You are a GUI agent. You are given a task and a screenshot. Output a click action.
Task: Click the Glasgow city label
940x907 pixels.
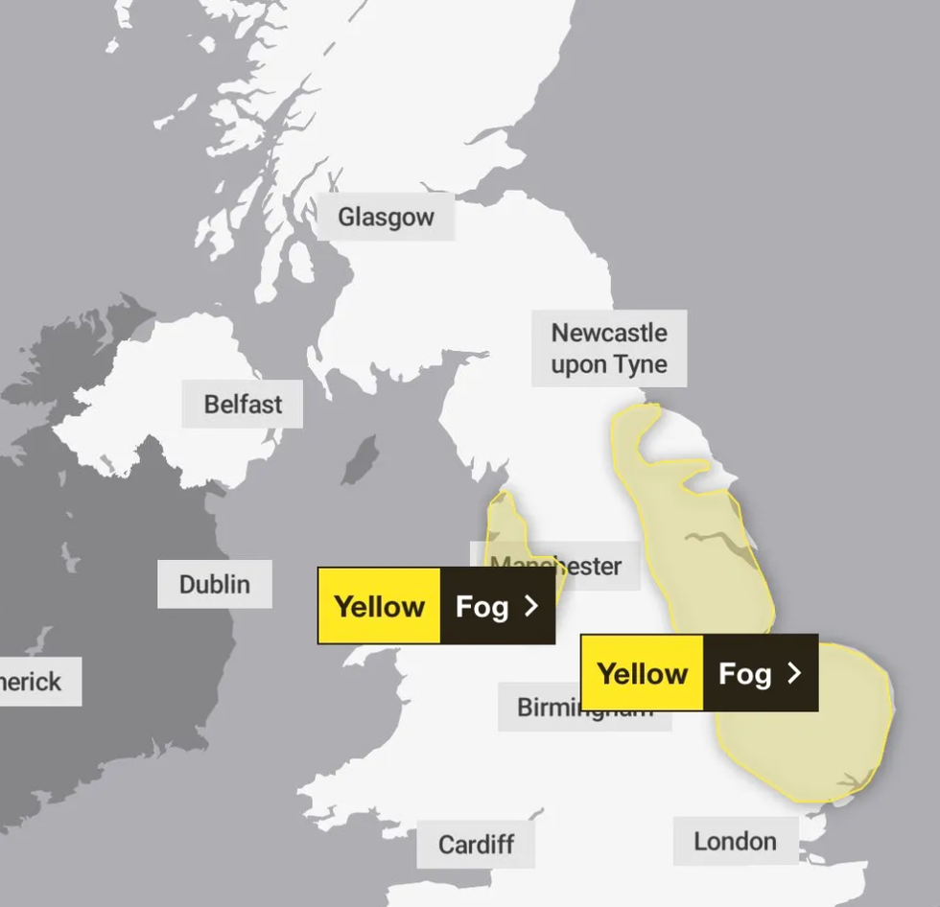[386, 218]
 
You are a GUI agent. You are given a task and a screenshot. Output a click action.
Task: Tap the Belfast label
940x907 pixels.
[243, 405]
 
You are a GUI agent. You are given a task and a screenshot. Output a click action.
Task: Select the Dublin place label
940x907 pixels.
[215, 584]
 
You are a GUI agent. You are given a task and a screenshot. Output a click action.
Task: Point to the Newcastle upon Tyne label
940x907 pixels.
[609, 348]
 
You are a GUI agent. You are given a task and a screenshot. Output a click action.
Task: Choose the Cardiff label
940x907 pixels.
[476, 845]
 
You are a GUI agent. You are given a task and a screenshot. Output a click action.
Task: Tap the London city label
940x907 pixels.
[735, 842]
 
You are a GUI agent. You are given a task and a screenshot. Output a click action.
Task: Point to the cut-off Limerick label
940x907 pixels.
[35, 682]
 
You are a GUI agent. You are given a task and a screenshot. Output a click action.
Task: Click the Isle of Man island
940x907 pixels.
[361, 461]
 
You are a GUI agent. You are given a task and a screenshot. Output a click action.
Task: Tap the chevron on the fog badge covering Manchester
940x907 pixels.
[531, 606]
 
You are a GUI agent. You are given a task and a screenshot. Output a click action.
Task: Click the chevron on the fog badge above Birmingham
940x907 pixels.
[794, 673]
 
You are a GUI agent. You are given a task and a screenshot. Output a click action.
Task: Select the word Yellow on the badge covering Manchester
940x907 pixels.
[380, 606]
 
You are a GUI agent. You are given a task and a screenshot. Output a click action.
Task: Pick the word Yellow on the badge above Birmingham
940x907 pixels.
[643, 673]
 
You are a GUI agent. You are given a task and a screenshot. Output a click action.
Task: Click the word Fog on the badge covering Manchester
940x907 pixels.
[482, 606]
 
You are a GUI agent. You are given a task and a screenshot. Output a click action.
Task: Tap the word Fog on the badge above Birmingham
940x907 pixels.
[744, 673]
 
